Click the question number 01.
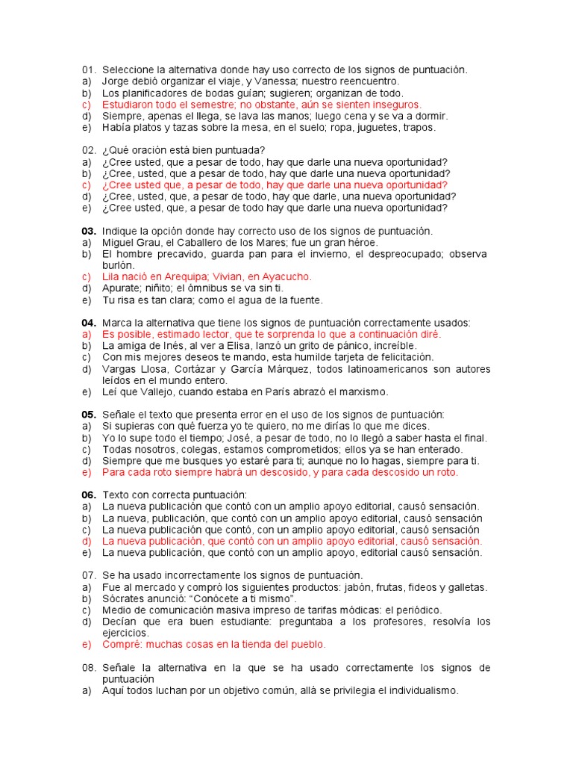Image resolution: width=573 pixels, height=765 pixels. (x=89, y=69)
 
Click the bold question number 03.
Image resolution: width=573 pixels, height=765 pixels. (x=89, y=231)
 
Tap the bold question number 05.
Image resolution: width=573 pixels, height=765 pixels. (x=89, y=415)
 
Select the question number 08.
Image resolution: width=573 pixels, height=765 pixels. (x=89, y=667)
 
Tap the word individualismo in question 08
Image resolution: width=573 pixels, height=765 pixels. (x=417, y=691)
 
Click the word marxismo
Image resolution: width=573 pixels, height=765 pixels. (x=363, y=392)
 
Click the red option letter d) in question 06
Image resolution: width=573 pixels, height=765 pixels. (x=87, y=542)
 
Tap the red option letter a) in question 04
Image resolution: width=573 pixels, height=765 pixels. (x=87, y=335)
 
